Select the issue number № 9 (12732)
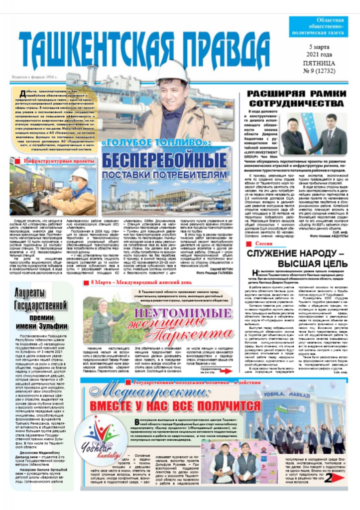click(319, 70)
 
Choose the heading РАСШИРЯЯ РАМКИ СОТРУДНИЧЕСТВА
click(296, 98)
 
